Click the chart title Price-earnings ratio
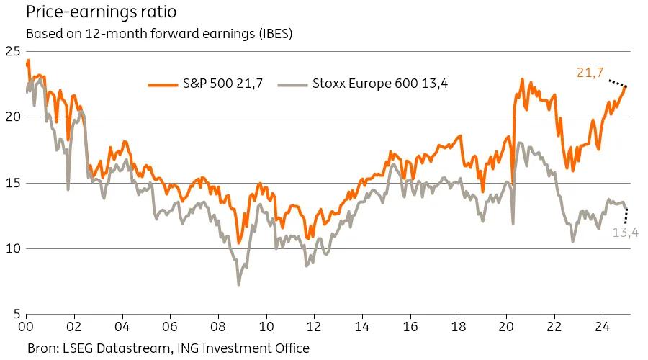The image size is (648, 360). coord(101,13)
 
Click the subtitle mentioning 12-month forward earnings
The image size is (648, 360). coord(159,34)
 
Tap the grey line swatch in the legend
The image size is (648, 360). coord(292,84)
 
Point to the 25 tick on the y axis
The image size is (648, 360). coord(12,51)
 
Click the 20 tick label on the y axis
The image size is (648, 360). coord(12,117)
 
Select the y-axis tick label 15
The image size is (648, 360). coord(12,183)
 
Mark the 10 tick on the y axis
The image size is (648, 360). coord(12,249)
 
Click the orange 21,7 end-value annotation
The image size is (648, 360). coord(590,72)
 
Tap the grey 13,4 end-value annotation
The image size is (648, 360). coord(626,232)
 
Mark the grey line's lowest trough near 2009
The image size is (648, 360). coord(239,284)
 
